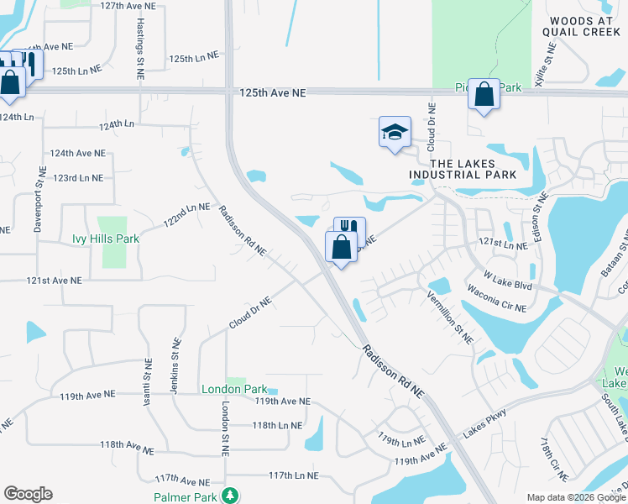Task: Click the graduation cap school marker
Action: (395, 132)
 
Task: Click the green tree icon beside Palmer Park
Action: (228, 496)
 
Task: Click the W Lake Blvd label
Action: (508, 281)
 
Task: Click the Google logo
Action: (28, 494)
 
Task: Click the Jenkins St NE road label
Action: (175, 363)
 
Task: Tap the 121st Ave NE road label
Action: (55, 281)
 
